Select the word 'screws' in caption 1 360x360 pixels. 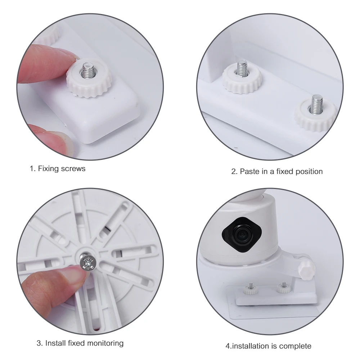point(74,168)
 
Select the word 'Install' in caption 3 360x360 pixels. point(56,343)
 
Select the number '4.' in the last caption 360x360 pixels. point(229,346)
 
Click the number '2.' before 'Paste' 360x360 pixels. point(234,171)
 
